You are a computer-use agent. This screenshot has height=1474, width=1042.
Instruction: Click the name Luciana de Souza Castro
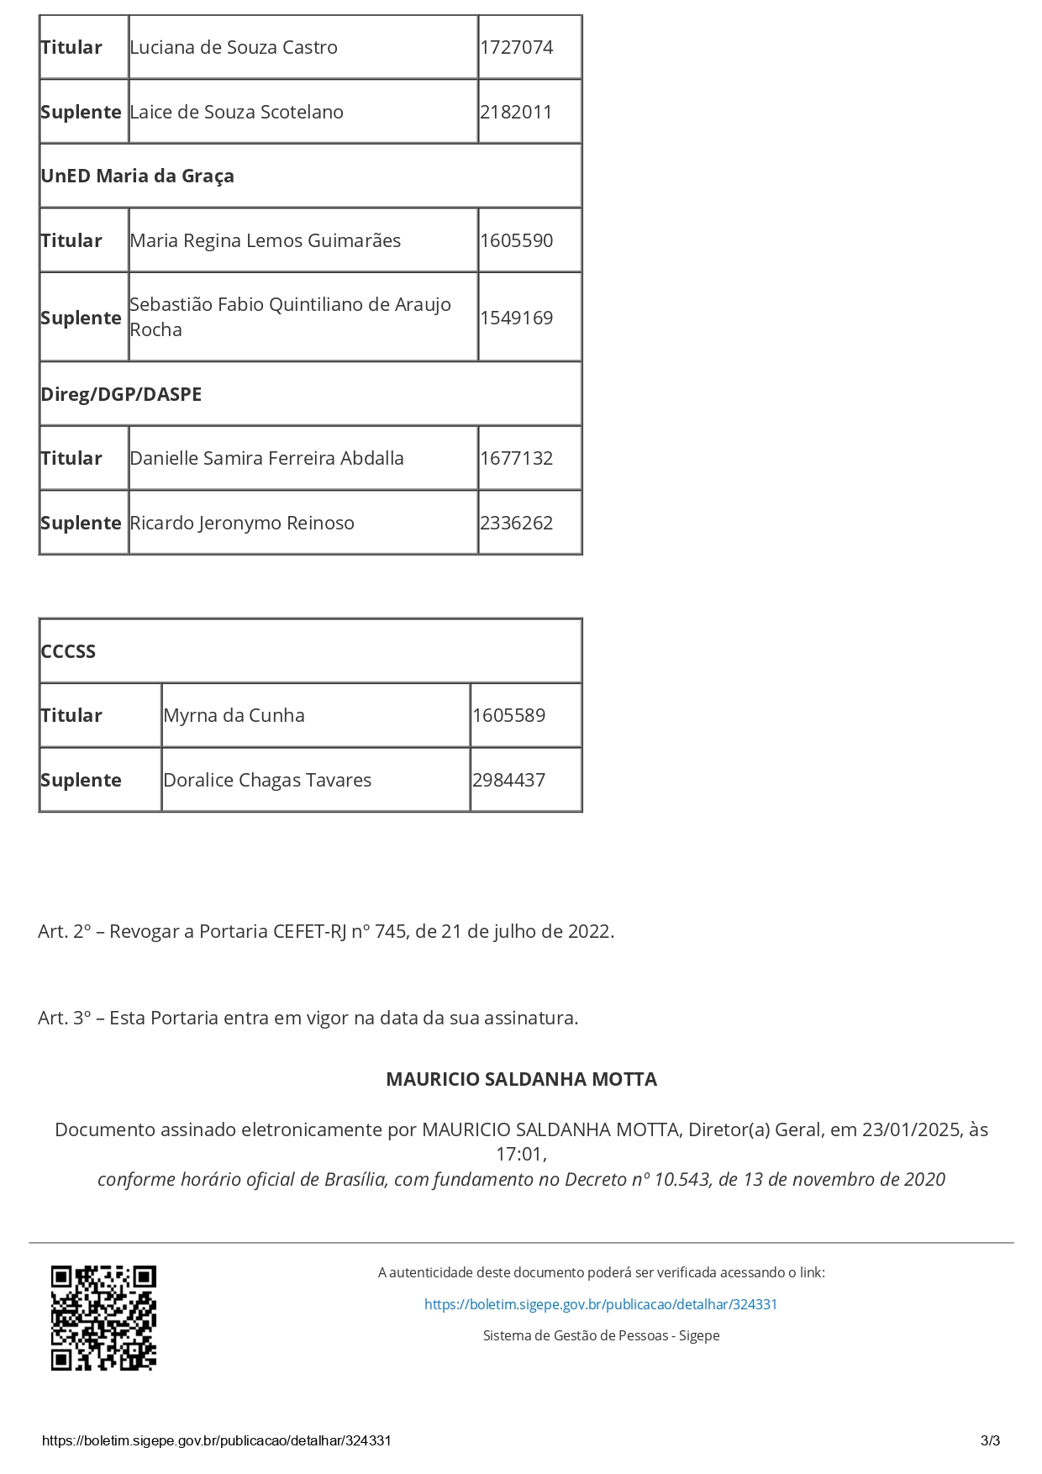tap(234, 48)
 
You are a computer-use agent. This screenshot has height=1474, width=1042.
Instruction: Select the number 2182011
tap(516, 113)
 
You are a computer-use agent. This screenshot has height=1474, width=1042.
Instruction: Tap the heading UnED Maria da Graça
tap(138, 176)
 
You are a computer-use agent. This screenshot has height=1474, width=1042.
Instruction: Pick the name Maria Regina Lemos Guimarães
tap(266, 241)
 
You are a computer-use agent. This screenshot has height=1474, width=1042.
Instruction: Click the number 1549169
tap(516, 318)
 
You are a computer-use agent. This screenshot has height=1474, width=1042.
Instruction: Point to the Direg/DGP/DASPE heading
tap(121, 395)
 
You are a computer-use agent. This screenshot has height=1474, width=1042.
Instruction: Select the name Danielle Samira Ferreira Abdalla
tap(267, 459)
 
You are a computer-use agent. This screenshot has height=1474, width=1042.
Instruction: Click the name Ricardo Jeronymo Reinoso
tap(242, 524)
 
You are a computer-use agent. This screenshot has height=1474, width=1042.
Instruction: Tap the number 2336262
tap(516, 524)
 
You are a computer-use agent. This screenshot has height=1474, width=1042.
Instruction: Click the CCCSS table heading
tap(68, 652)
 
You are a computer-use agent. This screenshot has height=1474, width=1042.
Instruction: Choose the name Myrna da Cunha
tap(234, 716)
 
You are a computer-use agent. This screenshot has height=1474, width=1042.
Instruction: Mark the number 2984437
tap(508, 781)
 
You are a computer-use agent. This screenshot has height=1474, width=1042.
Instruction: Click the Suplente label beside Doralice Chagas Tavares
tap(81, 781)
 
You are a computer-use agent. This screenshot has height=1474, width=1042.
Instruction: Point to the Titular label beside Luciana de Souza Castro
tap(71, 48)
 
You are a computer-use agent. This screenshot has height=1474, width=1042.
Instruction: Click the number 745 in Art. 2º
tap(391, 932)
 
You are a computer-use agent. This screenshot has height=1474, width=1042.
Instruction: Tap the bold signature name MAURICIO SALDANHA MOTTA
tap(521, 1080)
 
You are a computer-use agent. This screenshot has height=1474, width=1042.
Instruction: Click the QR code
tap(104, 1318)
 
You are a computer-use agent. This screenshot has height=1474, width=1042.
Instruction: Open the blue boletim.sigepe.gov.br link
tap(601, 1305)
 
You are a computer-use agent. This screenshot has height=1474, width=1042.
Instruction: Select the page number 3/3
tap(990, 1441)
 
